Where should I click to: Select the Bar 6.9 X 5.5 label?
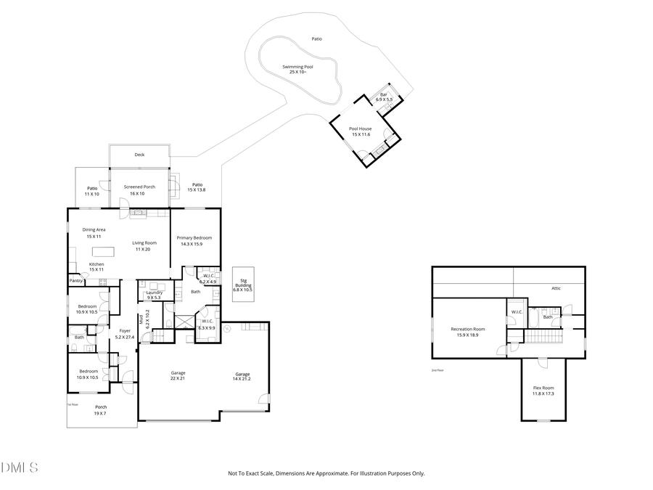384,97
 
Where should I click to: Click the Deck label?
139,155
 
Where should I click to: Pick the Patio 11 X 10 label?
92,191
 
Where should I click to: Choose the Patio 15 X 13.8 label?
197,187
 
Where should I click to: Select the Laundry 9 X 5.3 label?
154,295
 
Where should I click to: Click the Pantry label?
75,280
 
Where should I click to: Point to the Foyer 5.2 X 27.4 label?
124,334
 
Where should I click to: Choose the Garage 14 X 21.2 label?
242,376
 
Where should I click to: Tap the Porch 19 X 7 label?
100,410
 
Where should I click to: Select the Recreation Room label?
467,332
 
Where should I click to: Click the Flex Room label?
543,391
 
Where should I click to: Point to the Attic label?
556,288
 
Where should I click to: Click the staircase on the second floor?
543,338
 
